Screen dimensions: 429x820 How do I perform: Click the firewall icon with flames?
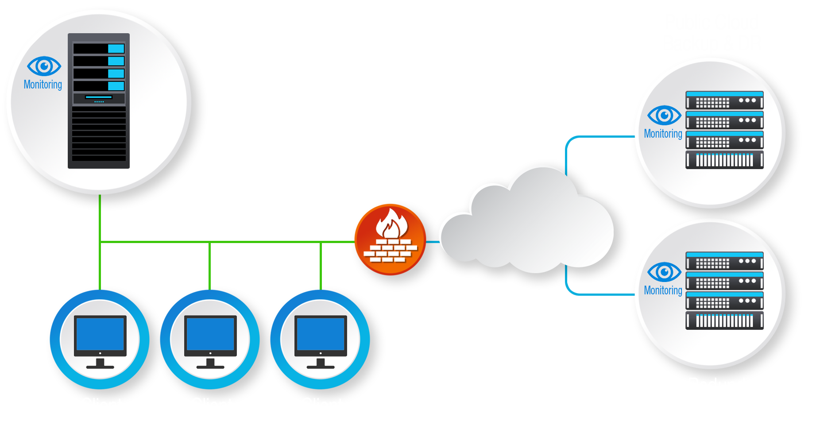(390, 240)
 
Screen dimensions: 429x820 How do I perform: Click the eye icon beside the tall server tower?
(44, 66)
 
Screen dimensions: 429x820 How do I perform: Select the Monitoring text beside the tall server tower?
(43, 85)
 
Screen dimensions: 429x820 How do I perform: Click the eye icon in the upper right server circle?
(664, 116)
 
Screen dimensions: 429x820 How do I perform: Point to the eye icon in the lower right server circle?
(664, 272)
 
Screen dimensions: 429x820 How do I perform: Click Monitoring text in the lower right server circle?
(663, 290)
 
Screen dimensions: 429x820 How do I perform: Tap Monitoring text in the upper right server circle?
(663, 134)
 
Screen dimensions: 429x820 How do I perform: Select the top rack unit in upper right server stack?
(724, 100)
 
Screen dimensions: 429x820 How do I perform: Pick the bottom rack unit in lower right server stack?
(724, 320)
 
